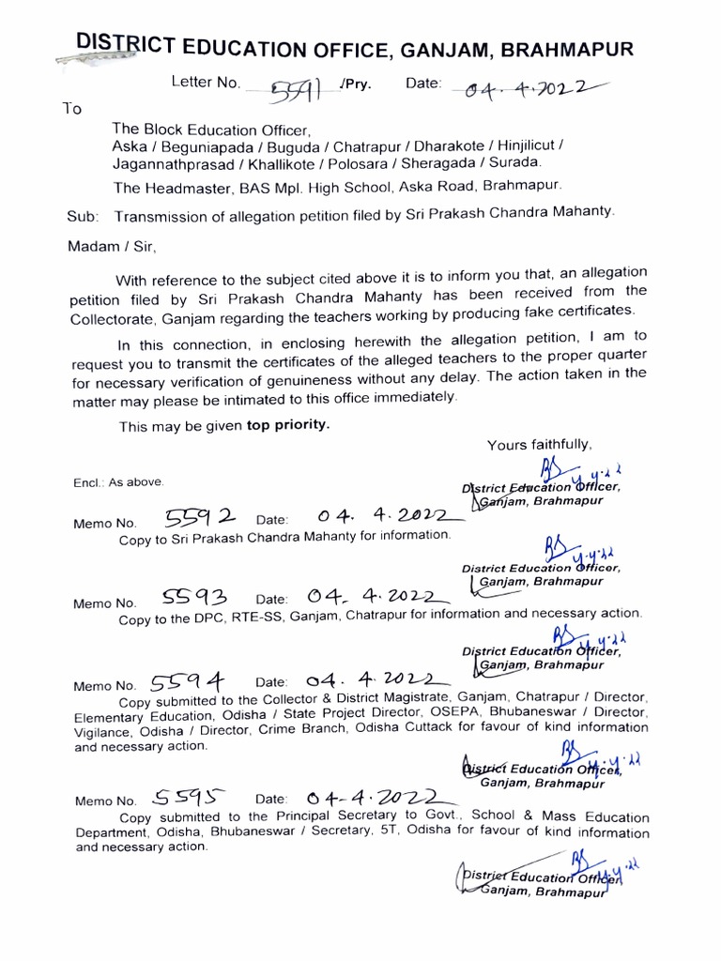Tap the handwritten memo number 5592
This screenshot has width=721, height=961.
(201, 517)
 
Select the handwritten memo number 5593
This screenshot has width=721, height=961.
(195, 598)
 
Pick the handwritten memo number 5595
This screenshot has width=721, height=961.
(189, 799)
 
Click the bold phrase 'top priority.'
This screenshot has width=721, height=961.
(288, 424)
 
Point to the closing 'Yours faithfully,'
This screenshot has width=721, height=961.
(539, 444)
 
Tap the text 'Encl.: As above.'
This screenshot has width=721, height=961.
(119, 482)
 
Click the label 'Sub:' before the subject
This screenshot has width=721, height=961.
(83, 217)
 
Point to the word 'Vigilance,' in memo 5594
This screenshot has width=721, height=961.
(105, 728)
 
